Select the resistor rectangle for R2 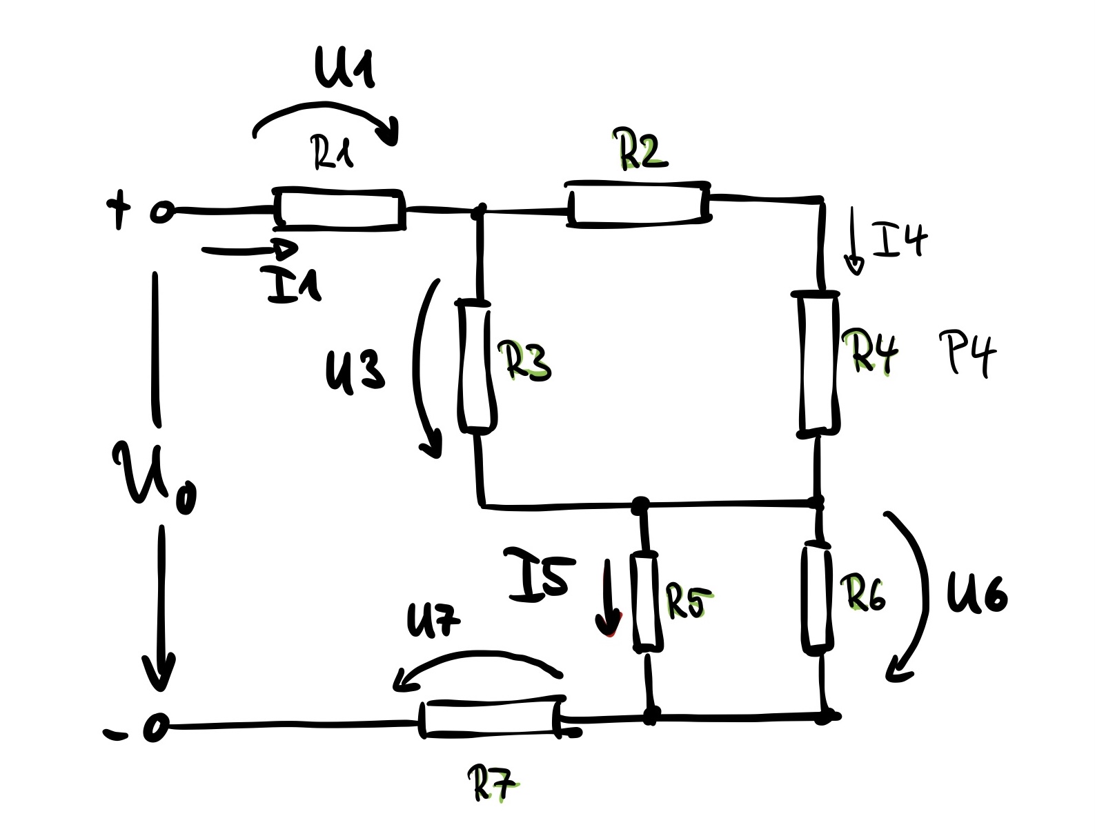(639, 203)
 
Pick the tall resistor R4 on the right (819, 363)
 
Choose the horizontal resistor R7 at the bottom (492, 719)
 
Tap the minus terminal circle (156, 728)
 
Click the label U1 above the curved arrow (344, 69)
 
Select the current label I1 (293, 285)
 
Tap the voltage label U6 (976, 593)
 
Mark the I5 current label (538, 572)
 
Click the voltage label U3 (355, 369)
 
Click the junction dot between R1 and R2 (482, 208)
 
